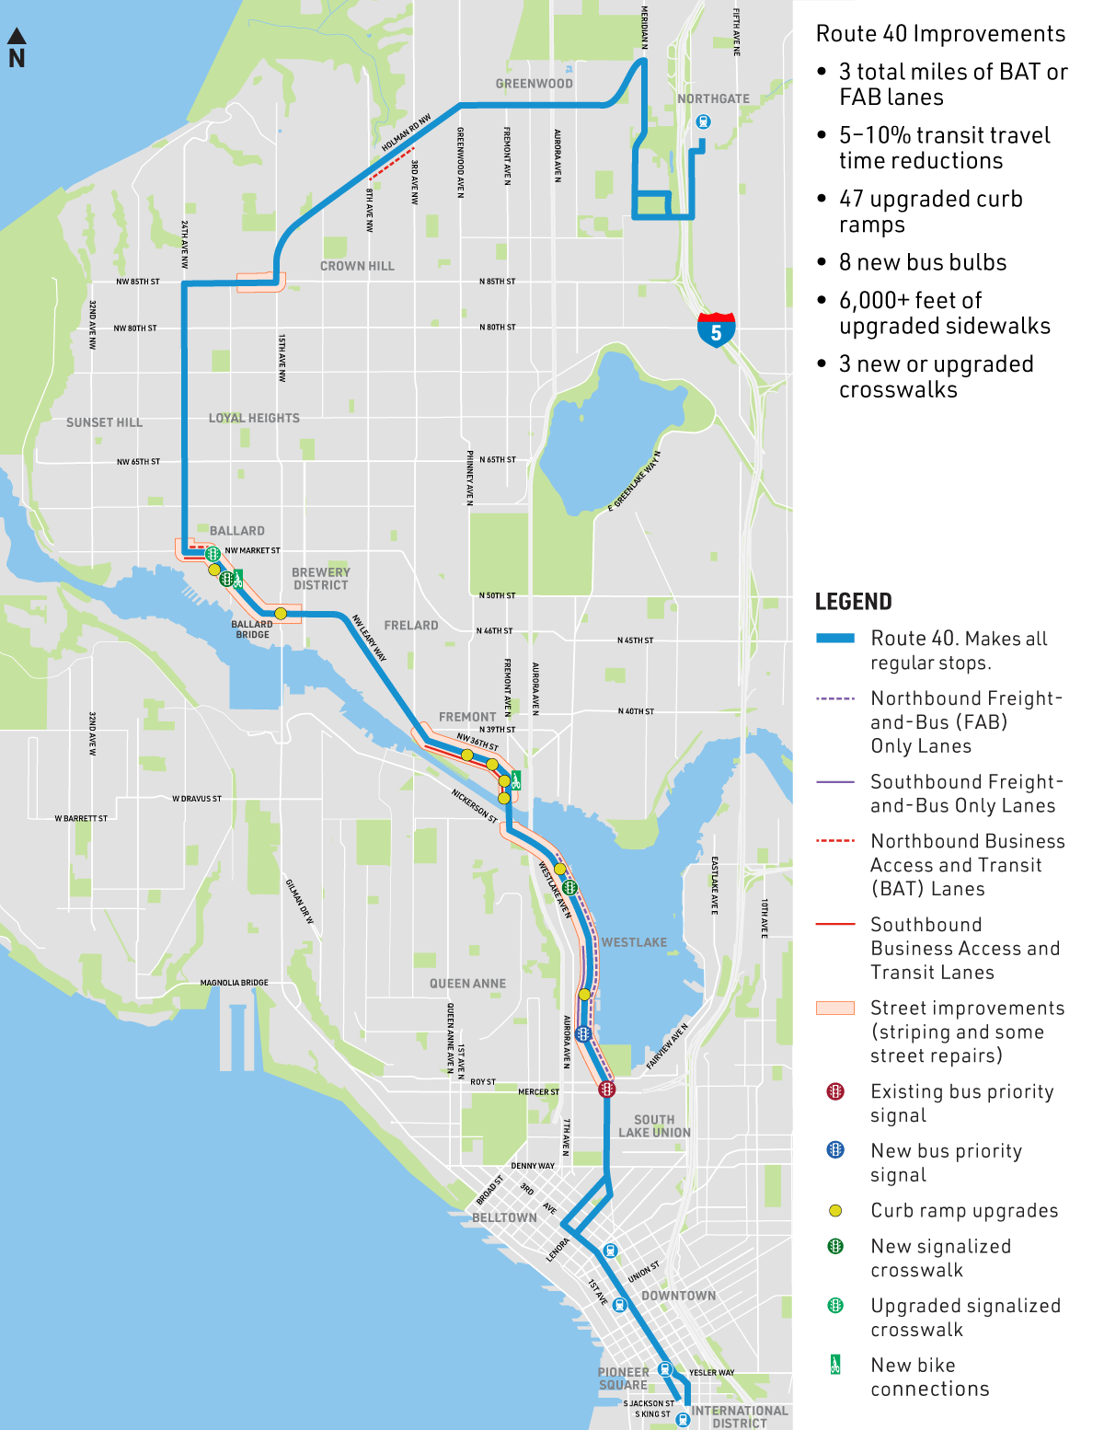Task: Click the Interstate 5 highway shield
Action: [716, 329]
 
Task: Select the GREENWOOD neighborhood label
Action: [534, 84]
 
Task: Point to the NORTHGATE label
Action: [713, 98]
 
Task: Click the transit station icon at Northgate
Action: [703, 121]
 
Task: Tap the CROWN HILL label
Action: [357, 266]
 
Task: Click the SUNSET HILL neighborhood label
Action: [104, 422]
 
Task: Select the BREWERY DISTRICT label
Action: [320, 578]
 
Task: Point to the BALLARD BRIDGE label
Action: [252, 629]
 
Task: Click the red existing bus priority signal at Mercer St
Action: [606, 1090]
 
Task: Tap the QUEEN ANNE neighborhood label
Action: [467, 984]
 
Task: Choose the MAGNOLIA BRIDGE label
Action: [235, 983]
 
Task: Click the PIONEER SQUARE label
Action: [624, 1378]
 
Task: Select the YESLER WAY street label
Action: [711, 1372]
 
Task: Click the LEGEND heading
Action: [853, 602]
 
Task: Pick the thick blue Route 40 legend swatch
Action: [835, 638]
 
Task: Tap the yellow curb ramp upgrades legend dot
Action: [835, 1211]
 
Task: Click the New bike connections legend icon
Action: [835, 1365]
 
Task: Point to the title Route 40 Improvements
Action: [940, 34]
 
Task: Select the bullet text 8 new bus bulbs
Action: [923, 262]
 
